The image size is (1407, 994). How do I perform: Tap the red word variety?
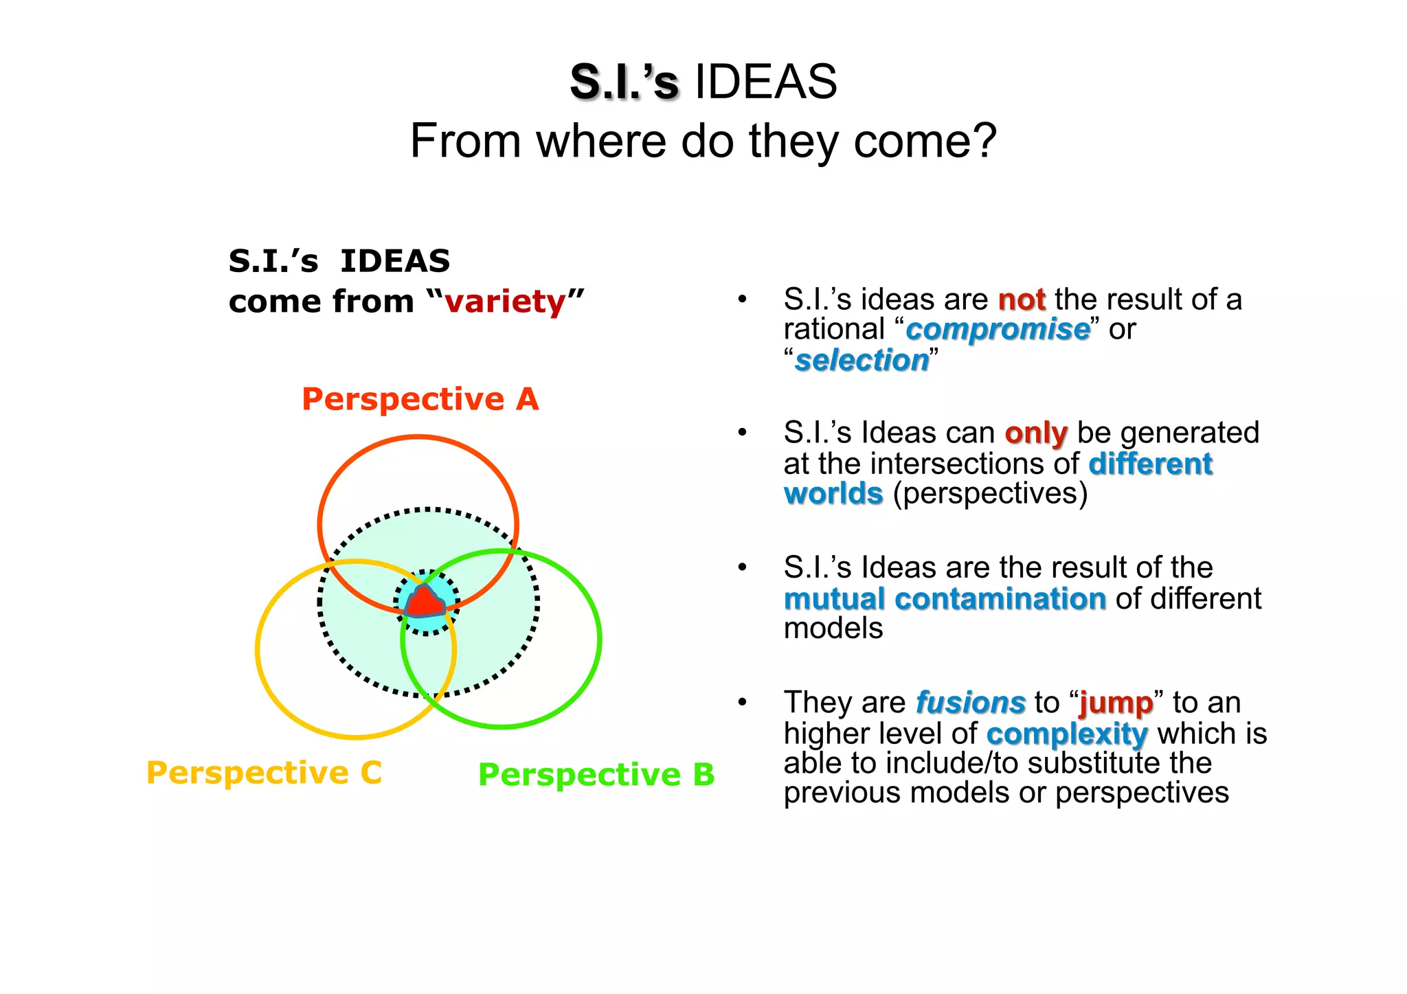(x=505, y=302)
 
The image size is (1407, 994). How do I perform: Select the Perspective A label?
(x=420, y=399)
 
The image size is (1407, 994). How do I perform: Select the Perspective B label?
(x=596, y=775)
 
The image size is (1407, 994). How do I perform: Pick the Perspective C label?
(x=264, y=773)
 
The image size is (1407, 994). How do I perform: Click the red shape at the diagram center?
(x=425, y=602)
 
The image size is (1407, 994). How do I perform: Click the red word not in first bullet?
(x=1021, y=300)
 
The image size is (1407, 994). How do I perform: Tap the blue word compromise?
(x=998, y=330)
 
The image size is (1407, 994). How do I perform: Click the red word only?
(x=1035, y=433)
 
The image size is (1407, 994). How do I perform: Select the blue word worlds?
(x=833, y=494)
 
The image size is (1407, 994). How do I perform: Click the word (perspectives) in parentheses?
(x=990, y=494)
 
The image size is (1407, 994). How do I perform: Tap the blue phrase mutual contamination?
(x=945, y=599)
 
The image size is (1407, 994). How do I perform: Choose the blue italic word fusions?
(x=970, y=703)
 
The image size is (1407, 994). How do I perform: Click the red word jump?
(x=1116, y=703)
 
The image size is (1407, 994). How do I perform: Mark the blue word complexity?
(x=1066, y=734)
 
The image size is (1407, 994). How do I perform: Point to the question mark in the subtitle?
(x=985, y=141)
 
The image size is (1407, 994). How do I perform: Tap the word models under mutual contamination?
(x=833, y=629)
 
